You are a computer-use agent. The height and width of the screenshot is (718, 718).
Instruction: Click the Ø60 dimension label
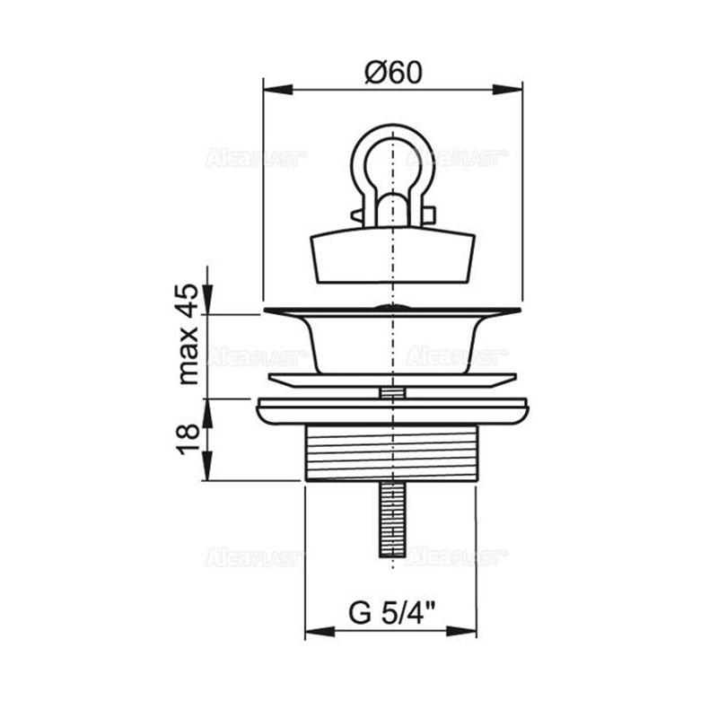pyautogui.click(x=393, y=72)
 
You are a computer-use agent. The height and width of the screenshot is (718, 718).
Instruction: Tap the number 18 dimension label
pyautogui.click(x=188, y=439)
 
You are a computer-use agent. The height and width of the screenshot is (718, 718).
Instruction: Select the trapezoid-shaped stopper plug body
pyautogui.click(x=391, y=257)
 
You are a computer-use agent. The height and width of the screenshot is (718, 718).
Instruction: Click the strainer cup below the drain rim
pyautogui.click(x=391, y=346)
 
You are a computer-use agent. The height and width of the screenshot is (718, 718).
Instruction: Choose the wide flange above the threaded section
pyautogui.click(x=391, y=411)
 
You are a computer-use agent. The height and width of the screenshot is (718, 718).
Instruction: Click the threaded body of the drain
pyautogui.click(x=391, y=454)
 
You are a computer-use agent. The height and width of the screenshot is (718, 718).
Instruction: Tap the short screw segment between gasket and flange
pyautogui.click(x=391, y=392)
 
